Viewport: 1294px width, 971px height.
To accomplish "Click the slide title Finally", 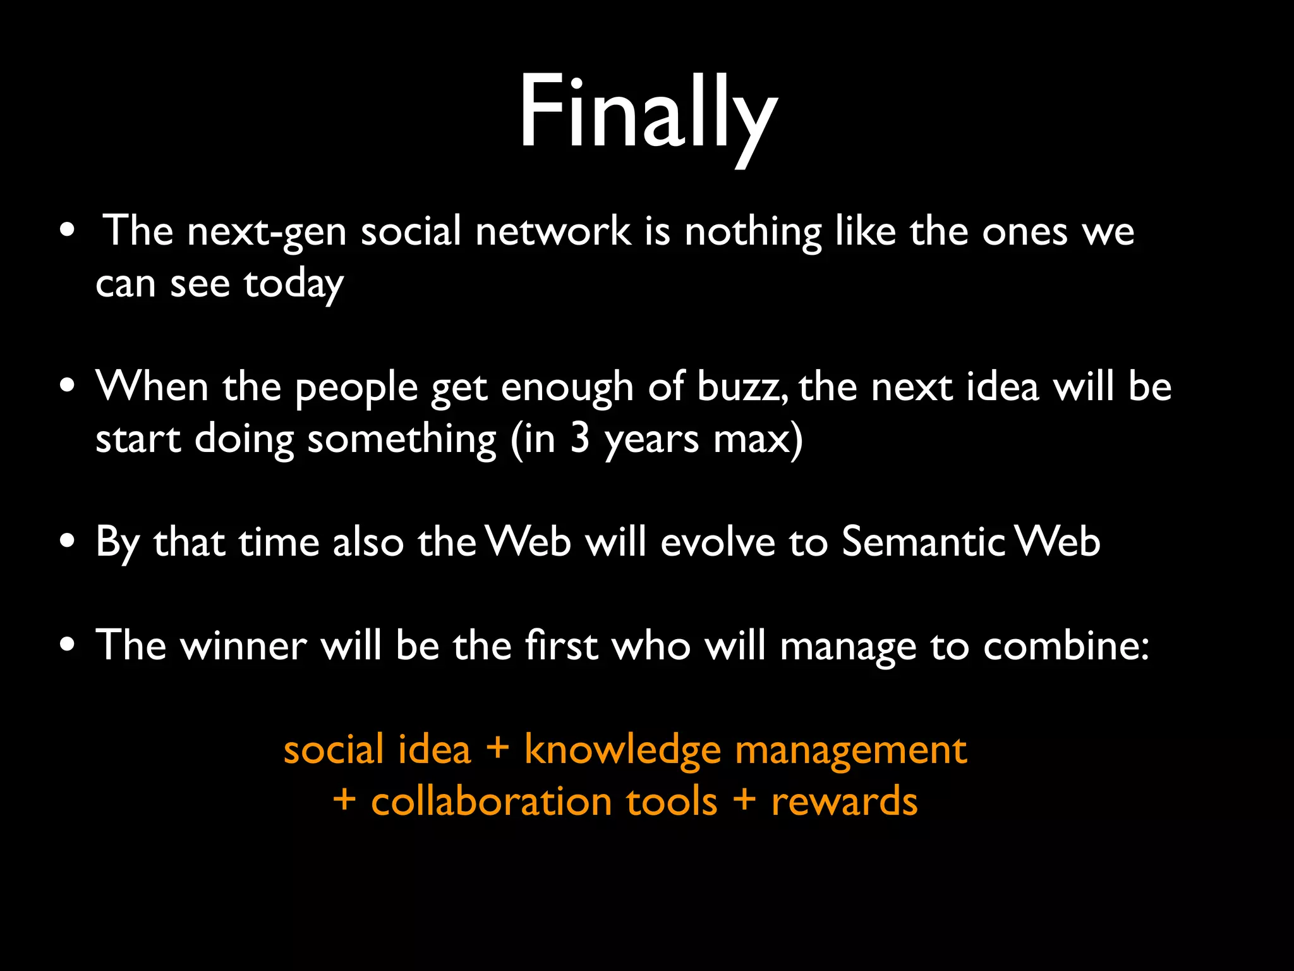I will coord(647,114).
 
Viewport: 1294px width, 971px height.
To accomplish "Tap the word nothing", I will coord(753,232).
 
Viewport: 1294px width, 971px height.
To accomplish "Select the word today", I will coord(294,284).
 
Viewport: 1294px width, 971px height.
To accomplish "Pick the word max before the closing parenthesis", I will coord(751,439).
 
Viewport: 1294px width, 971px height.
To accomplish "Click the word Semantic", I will coord(923,542).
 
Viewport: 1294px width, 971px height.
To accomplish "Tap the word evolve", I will coord(717,542).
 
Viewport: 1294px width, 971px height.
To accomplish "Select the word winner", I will coord(243,646).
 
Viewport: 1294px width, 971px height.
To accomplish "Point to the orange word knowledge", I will coord(622,751).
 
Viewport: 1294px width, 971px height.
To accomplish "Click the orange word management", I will coord(850,751).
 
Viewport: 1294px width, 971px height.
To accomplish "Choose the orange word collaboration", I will coord(491,802).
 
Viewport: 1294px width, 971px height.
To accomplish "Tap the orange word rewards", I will coord(844,802).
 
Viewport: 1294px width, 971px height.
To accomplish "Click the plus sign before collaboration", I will coord(344,800).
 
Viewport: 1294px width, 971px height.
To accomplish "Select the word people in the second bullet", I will coord(356,388).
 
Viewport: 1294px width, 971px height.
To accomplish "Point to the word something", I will coord(402,440).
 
